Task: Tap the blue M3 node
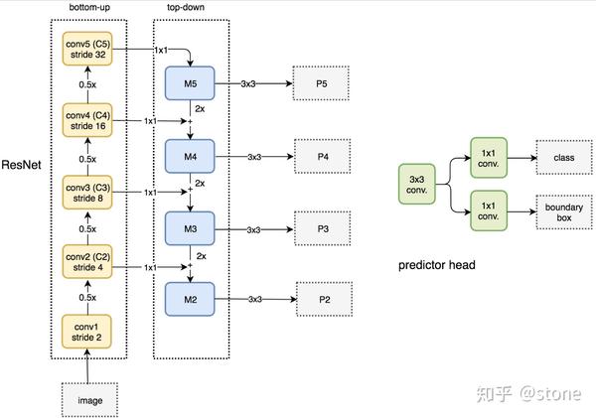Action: pos(192,227)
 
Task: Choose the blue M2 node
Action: pos(192,297)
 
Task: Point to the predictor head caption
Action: pos(437,265)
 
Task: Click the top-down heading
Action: pos(192,9)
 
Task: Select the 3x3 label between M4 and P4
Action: pos(254,157)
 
